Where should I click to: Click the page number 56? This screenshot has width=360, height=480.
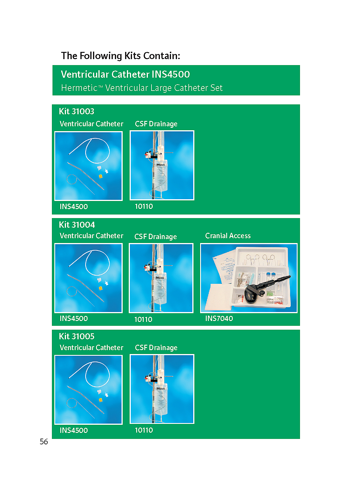tap(44, 442)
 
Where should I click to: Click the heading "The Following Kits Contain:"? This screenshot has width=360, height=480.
tap(120, 56)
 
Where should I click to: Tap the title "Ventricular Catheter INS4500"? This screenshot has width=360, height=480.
tap(125, 74)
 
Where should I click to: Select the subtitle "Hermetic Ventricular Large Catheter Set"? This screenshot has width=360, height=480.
tap(142, 88)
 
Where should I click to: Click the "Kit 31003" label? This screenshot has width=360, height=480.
tap(76, 111)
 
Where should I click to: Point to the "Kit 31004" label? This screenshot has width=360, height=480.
tap(77, 225)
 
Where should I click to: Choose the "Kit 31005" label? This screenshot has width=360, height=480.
tap(76, 336)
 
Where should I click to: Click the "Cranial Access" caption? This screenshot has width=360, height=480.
tap(228, 235)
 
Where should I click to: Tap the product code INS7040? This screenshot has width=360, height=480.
tap(219, 318)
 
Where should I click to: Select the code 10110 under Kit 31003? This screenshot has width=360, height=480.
tap(144, 206)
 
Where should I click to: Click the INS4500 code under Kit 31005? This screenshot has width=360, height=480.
tap(74, 430)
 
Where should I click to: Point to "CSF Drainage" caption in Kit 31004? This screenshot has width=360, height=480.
tap(155, 237)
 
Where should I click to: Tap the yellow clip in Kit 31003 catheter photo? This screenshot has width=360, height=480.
tap(100, 176)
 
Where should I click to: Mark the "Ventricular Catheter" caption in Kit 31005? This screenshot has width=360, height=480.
tap(91, 347)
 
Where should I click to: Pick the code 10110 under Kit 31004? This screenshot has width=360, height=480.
tap(143, 319)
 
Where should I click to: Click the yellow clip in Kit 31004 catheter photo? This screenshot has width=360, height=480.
tap(100, 288)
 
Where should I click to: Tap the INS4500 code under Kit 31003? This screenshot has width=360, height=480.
tap(74, 206)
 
